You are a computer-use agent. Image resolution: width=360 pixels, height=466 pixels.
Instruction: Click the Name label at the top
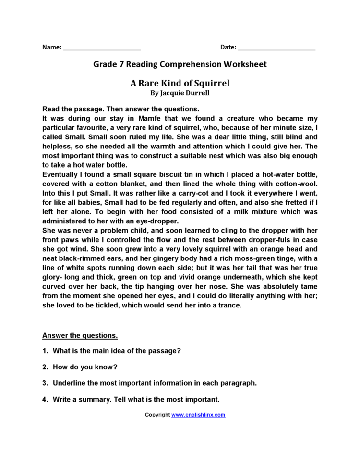52,47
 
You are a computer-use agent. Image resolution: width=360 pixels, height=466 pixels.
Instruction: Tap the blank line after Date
276,49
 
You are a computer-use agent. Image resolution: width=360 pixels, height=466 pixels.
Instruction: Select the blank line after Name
102,49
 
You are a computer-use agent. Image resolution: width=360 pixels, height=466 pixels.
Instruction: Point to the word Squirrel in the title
210,83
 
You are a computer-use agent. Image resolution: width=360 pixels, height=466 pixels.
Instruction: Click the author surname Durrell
195,93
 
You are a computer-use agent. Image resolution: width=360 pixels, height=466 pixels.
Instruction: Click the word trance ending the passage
229,305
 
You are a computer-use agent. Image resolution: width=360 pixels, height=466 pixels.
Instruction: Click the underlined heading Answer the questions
80,335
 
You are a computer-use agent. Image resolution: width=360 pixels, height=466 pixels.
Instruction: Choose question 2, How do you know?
85,367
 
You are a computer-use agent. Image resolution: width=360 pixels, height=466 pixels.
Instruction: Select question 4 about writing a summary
136,399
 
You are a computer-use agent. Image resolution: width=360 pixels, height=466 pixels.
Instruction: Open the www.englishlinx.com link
198,415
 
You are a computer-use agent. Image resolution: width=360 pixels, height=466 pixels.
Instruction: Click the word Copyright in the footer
157,415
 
